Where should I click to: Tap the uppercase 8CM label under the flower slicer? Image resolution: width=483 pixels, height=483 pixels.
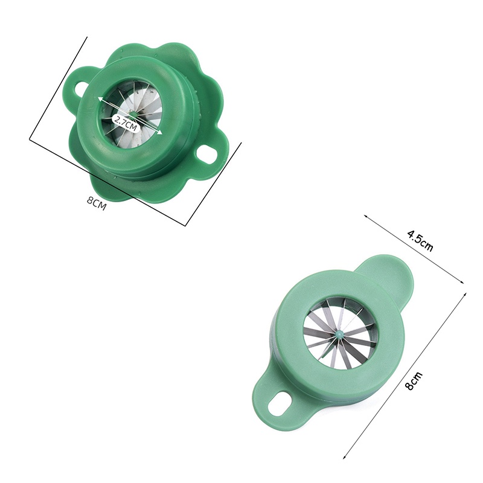coord(96,202)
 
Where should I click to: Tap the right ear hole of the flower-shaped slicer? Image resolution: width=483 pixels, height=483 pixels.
coord(208,155)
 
